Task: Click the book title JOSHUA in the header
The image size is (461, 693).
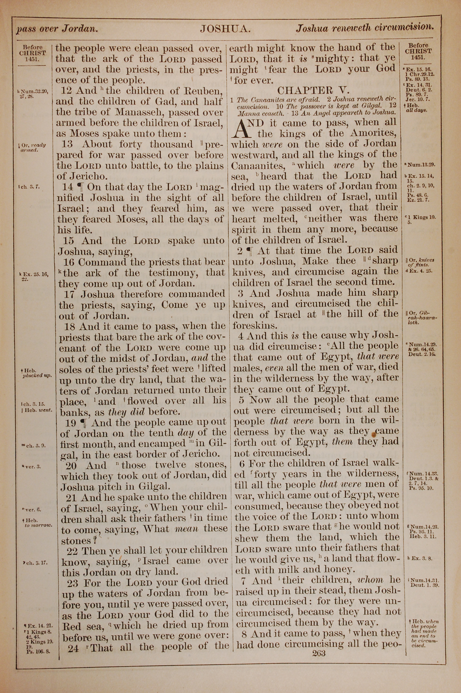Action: [225, 29]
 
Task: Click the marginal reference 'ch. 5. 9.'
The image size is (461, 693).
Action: [35, 446]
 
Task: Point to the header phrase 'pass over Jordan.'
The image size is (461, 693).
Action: [57, 29]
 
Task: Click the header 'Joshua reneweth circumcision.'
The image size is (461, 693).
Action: [365, 28]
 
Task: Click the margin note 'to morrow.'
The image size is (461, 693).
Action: [38, 525]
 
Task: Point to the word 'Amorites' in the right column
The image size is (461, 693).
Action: [373, 133]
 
